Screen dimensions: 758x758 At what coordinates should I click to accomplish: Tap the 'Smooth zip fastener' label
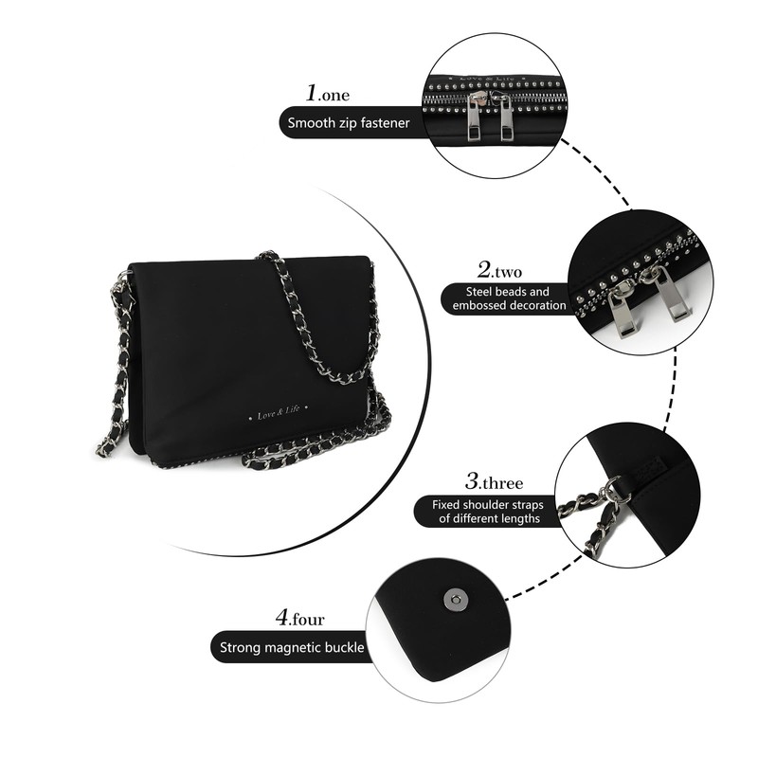pos(350,122)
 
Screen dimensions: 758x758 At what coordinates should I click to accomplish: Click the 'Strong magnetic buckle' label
pos(292,648)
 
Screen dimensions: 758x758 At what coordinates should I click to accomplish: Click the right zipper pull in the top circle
pos(506,116)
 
